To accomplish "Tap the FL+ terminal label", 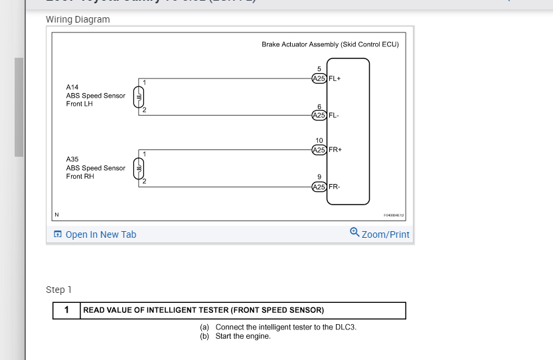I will (x=335, y=78).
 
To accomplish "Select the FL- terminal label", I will (x=334, y=116).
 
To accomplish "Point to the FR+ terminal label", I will (x=335, y=149).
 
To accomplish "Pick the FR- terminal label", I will (x=335, y=187).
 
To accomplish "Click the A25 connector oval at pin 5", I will (x=319, y=78).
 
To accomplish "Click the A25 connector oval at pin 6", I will (x=319, y=116).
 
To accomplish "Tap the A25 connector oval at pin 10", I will (x=319, y=149).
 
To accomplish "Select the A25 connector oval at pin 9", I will (x=319, y=187).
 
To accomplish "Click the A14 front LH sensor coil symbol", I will (x=139, y=96).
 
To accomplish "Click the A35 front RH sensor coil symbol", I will (x=139, y=169).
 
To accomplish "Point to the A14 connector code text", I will (x=72, y=87).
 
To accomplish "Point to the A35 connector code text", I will (x=72, y=159).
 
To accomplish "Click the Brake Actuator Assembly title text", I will (x=330, y=45).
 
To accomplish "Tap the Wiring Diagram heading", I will (x=78, y=19).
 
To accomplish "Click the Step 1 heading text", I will (x=58, y=290).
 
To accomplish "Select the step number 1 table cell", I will (x=66, y=310).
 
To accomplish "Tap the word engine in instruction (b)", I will (x=259, y=336).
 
